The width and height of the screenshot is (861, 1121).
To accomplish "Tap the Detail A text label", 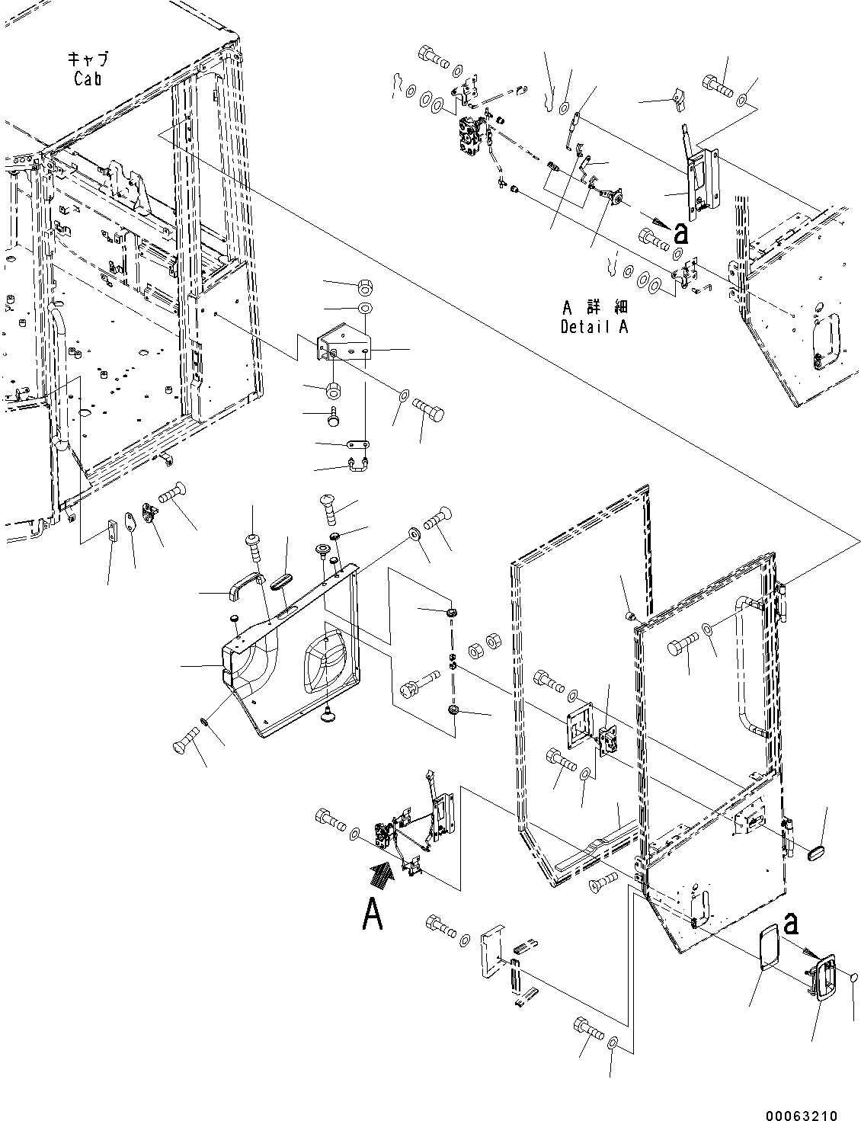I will tap(594, 327).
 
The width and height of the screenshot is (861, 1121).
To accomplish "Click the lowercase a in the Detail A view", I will tap(680, 233).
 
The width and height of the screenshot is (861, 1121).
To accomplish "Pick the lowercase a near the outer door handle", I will tap(792, 923).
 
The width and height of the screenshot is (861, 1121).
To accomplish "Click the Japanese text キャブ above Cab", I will tap(88, 59).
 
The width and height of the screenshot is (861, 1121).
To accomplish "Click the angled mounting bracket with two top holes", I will tap(344, 346).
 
